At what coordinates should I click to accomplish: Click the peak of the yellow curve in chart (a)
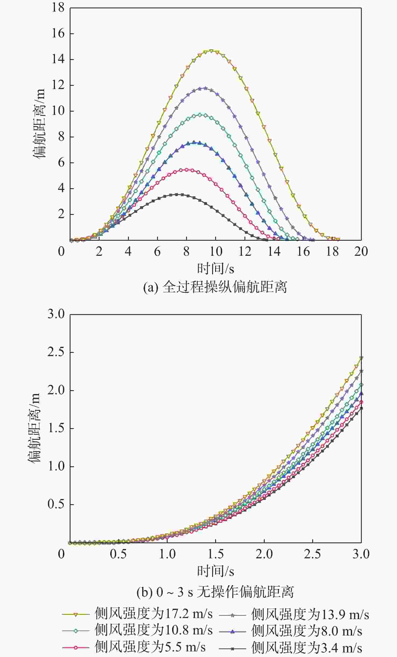pos(211,51)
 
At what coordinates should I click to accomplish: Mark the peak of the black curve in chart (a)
pos(177,194)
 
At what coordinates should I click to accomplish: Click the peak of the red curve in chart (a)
pos(186,170)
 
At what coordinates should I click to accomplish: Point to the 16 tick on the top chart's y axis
pos(58,33)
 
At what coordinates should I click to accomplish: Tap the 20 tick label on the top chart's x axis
pos(361,252)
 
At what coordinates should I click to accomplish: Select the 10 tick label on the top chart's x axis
pos(215,252)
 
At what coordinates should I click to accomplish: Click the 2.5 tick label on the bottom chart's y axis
pos(56,352)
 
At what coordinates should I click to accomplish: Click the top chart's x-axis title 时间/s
pos(215,268)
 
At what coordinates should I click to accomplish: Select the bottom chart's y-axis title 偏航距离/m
pos(34,428)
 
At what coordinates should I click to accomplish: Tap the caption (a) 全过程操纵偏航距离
pos(215,287)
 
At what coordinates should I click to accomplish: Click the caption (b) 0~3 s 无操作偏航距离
pos(215,592)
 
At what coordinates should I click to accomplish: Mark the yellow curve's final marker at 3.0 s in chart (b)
pos(361,358)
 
